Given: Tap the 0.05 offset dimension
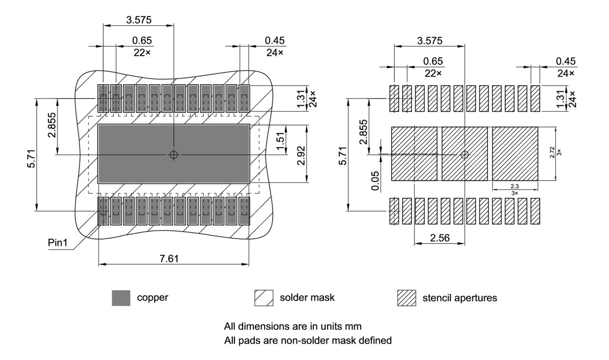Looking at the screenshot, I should (375, 180).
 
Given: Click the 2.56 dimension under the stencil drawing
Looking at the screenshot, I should (440, 237).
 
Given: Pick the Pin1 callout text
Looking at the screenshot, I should (58, 243).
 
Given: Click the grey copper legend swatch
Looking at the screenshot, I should (121, 298).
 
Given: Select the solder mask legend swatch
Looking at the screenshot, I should (264, 298).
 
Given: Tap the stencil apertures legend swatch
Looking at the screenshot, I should (407, 298).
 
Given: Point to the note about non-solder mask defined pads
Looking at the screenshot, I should (308, 341).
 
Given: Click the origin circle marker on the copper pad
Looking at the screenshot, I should (174, 155).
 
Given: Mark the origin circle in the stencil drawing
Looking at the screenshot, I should (465, 155).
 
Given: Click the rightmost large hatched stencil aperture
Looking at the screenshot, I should (515, 154).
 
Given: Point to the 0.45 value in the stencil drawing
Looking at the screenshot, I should (565, 61).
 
